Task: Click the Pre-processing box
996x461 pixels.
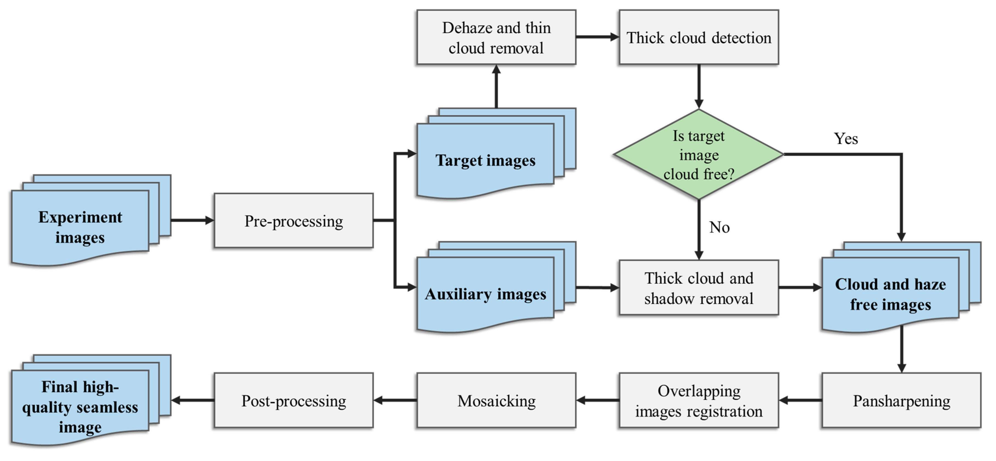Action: click(294, 221)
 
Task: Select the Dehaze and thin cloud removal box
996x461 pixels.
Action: click(496, 38)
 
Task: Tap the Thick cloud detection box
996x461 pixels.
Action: click(698, 38)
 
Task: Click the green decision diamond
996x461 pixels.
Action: click(698, 155)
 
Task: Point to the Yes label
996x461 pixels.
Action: click(846, 138)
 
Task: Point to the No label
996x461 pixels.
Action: click(719, 227)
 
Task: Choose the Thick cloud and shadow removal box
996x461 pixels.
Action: click(698, 288)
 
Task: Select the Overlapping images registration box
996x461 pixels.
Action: click(698, 400)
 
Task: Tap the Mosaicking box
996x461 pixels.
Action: click(496, 400)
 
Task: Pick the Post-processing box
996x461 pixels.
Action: click(294, 400)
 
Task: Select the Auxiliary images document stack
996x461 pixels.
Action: click(485, 294)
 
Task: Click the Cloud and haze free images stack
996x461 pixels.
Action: click(890, 294)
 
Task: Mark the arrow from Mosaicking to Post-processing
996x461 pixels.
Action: click(395, 400)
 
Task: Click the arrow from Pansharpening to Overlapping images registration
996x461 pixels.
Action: click(800, 400)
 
